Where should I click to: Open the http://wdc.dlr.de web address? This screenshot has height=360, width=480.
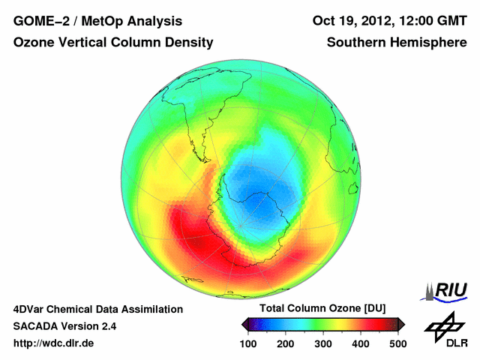55,343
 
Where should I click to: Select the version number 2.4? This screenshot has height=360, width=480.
107,326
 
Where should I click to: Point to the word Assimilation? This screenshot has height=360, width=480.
154,309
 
